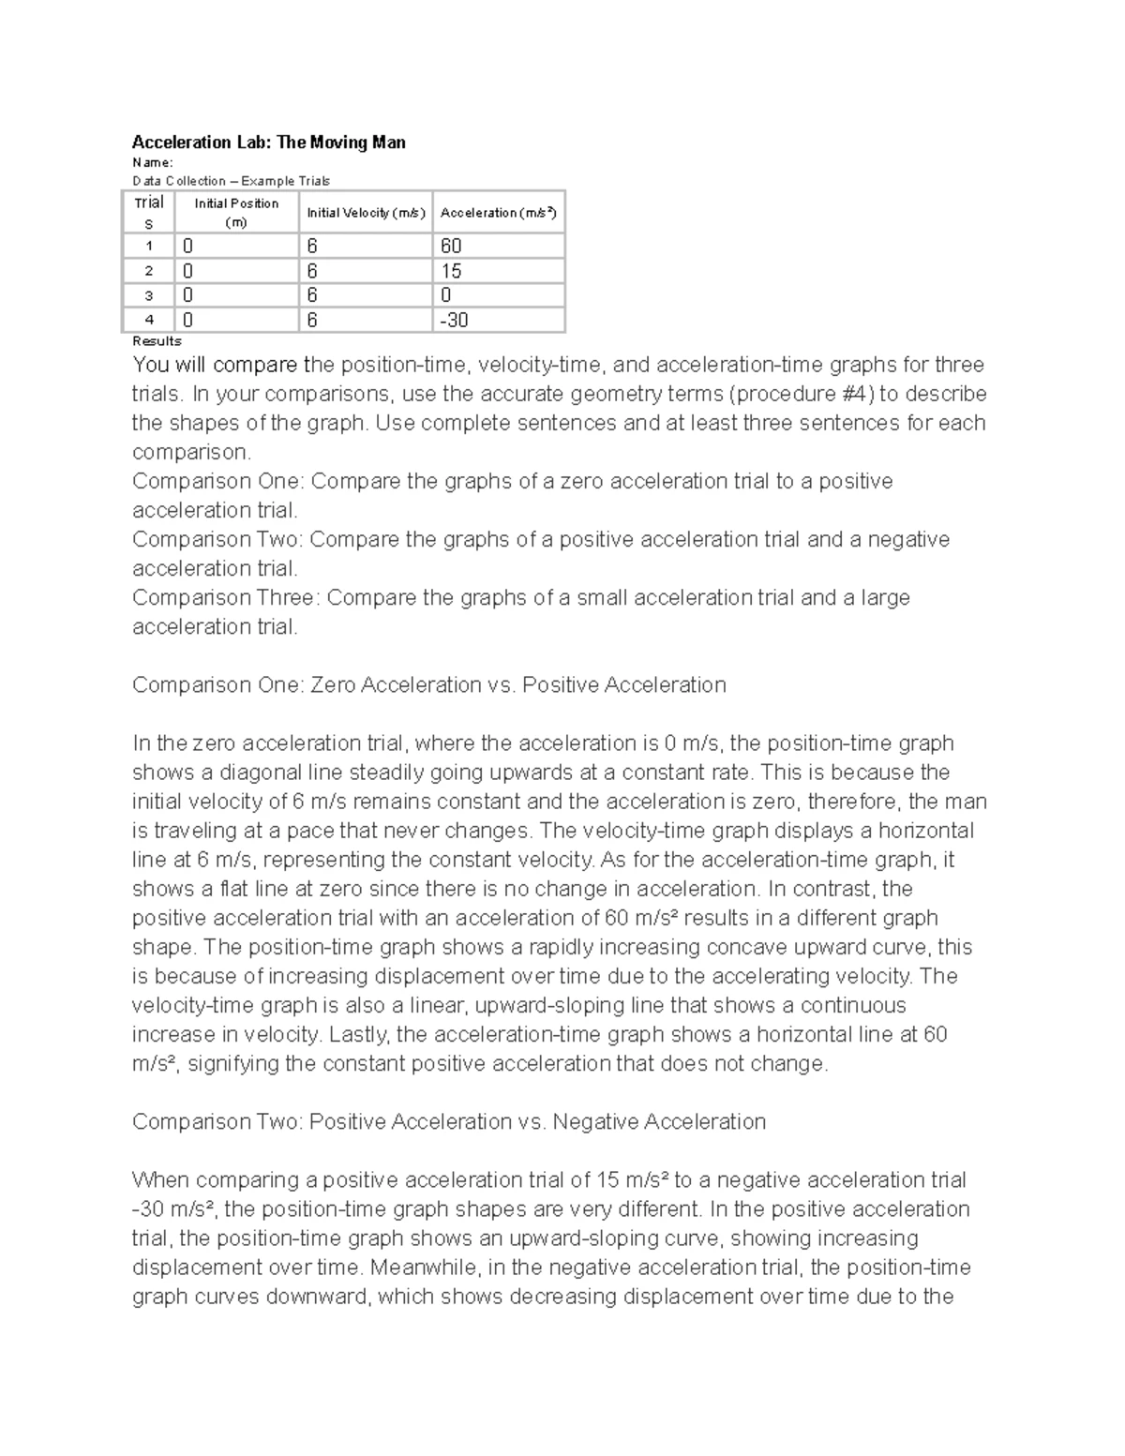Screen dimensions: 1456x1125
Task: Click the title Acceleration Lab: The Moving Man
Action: [268, 143]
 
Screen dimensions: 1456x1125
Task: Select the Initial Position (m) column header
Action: [236, 213]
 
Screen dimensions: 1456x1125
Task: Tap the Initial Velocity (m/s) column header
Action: [366, 213]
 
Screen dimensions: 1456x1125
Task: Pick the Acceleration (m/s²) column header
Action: [498, 213]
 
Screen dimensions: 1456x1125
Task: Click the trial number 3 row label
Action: [148, 295]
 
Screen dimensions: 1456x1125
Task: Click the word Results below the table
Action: [157, 341]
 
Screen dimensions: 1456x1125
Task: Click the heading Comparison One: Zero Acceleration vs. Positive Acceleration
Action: [428, 685]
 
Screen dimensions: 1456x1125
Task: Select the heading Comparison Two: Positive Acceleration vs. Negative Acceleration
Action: [448, 1122]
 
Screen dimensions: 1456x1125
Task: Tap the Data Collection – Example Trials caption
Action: [231, 181]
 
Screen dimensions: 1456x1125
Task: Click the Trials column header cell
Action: [148, 213]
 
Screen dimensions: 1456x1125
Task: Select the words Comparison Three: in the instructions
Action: [225, 598]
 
